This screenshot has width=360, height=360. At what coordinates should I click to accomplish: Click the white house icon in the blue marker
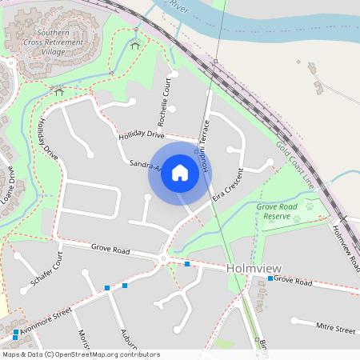pyautogui.click(x=180, y=174)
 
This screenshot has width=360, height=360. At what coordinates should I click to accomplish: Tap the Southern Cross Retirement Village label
pyautogui.click(x=42, y=42)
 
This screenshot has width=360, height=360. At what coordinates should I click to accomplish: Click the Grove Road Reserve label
pyautogui.click(x=278, y=211)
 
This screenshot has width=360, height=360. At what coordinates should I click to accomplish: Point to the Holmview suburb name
pyautogui.click(x=251, y=270)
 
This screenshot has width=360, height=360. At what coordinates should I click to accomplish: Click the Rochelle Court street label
pyautogui.click(x=165, y=102)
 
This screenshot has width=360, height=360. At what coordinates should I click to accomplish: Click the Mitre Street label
pyautogui.click(x=335, y=329)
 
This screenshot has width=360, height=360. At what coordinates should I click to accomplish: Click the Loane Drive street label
pyautogui.click(x=8, y=185)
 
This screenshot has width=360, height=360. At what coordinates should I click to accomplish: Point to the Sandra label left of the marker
pyautogui.click(x=145, y=166)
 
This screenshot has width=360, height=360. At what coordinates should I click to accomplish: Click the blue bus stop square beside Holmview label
pyautogui.click(x=271, y=279)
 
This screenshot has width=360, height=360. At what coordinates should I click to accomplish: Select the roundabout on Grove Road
pyautogui.click(x=164, y=258)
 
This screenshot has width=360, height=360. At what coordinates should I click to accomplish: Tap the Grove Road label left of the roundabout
pyautogui.click(x=110, y=250)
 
